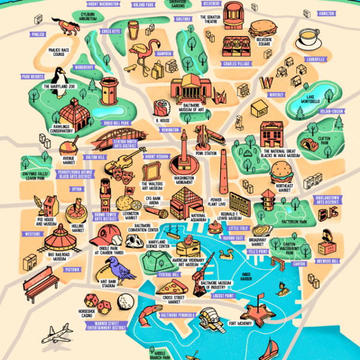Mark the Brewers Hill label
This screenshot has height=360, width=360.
(343, 262)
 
